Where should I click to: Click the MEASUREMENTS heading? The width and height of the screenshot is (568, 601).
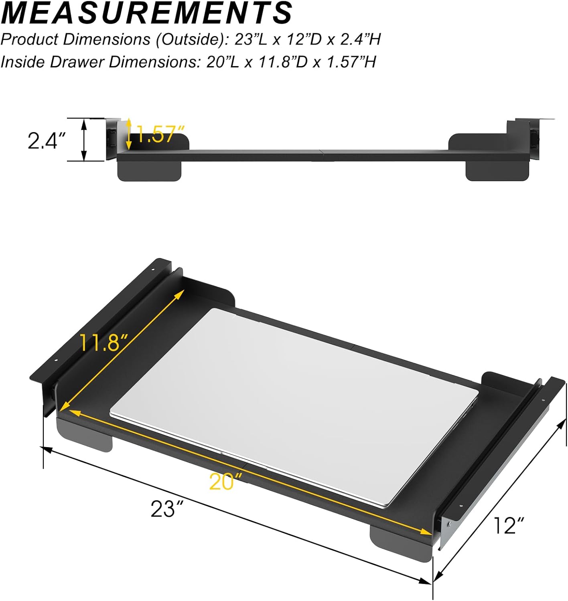coord(147,13)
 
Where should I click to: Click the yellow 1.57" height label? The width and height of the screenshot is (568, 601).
coord(160,134)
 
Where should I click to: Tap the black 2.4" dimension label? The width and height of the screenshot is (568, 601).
coord(47,141)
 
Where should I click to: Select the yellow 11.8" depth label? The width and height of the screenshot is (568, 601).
coord(103,343)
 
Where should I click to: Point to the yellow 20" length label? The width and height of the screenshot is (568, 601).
coord(226,481)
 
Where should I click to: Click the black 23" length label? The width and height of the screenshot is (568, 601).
coord(167,509)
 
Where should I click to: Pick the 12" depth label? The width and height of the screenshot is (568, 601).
coord(509,525)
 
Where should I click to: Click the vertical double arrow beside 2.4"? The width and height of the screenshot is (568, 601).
coord(84,140)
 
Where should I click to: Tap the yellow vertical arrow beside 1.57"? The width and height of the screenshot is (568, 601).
coord(129,134)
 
